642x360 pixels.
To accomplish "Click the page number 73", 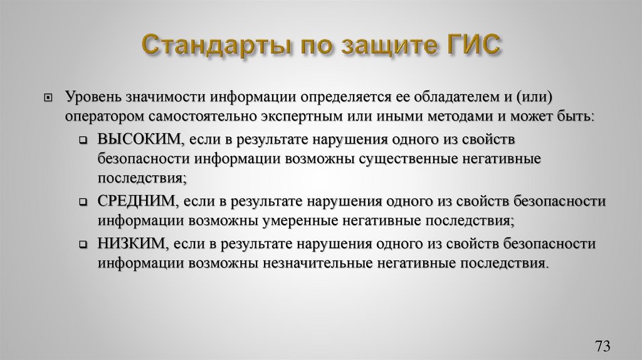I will click(x=603, y=347).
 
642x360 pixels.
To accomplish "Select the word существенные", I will click(x=408, y=159).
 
